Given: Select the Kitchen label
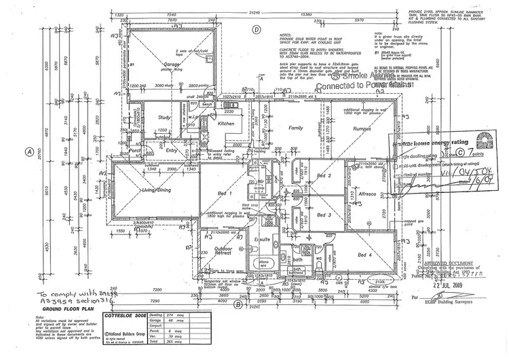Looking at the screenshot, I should [x=225, y=124].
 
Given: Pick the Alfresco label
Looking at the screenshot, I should [x=367, y=194].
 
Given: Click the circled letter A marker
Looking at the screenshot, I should [x=29, y=152].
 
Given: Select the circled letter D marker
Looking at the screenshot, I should [x=257, y=29].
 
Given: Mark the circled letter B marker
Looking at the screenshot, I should [x=238, y=304].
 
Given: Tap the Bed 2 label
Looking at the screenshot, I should [x=324, y=176].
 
